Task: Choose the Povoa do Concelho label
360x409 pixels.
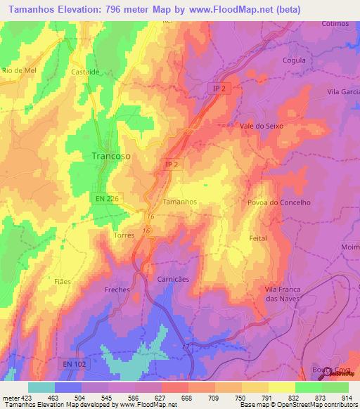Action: [x=278, y=202]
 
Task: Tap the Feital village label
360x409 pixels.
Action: [x=258, y=238]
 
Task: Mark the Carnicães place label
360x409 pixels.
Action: [x=173, y=279]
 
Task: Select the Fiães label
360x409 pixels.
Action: [x=44, y=281]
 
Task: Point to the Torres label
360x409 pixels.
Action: [x=124, y=235]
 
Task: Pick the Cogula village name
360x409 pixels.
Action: [x=293, y=60]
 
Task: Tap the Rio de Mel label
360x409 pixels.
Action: [x=18, y=71]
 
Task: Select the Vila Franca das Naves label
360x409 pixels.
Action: [x=282, y=294]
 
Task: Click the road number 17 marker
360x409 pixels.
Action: [x=186, y=347]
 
